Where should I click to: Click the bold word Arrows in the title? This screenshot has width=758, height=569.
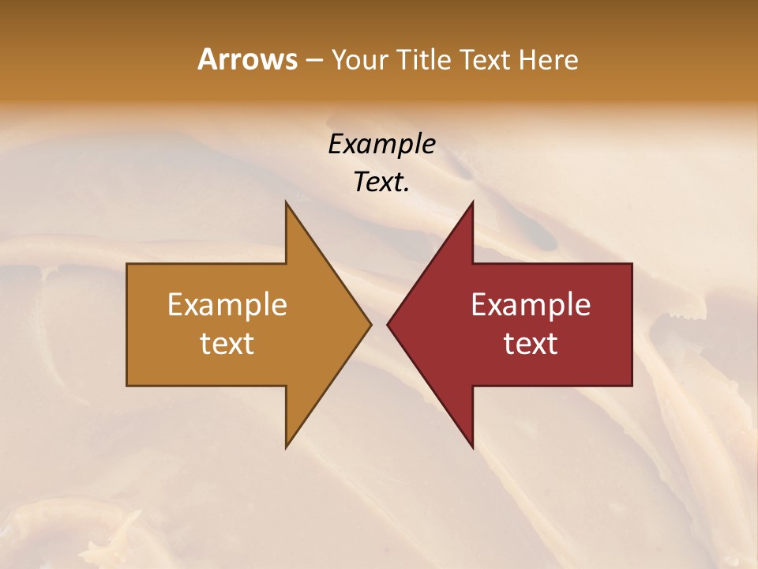[247, 59]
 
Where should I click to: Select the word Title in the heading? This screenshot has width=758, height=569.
[425, 59]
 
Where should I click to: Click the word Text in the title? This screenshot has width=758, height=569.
[486, 59]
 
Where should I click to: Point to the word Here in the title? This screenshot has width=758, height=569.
[549, 59]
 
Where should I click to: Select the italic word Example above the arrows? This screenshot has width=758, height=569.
[381, 144]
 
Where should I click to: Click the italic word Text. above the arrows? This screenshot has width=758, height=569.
[381, 182]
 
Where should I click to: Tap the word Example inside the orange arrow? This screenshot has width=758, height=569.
[227, 304]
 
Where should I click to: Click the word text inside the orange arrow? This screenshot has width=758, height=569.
[227, 343]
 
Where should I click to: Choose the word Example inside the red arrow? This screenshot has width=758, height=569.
[531, 304]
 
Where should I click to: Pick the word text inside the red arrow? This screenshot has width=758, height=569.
[531, 343]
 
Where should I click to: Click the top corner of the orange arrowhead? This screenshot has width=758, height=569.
[287, 202]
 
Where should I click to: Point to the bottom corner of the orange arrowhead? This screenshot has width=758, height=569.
[287, 447]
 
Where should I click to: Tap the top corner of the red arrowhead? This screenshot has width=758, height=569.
[472, 202]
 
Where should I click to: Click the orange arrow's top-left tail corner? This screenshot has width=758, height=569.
[128, 265]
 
